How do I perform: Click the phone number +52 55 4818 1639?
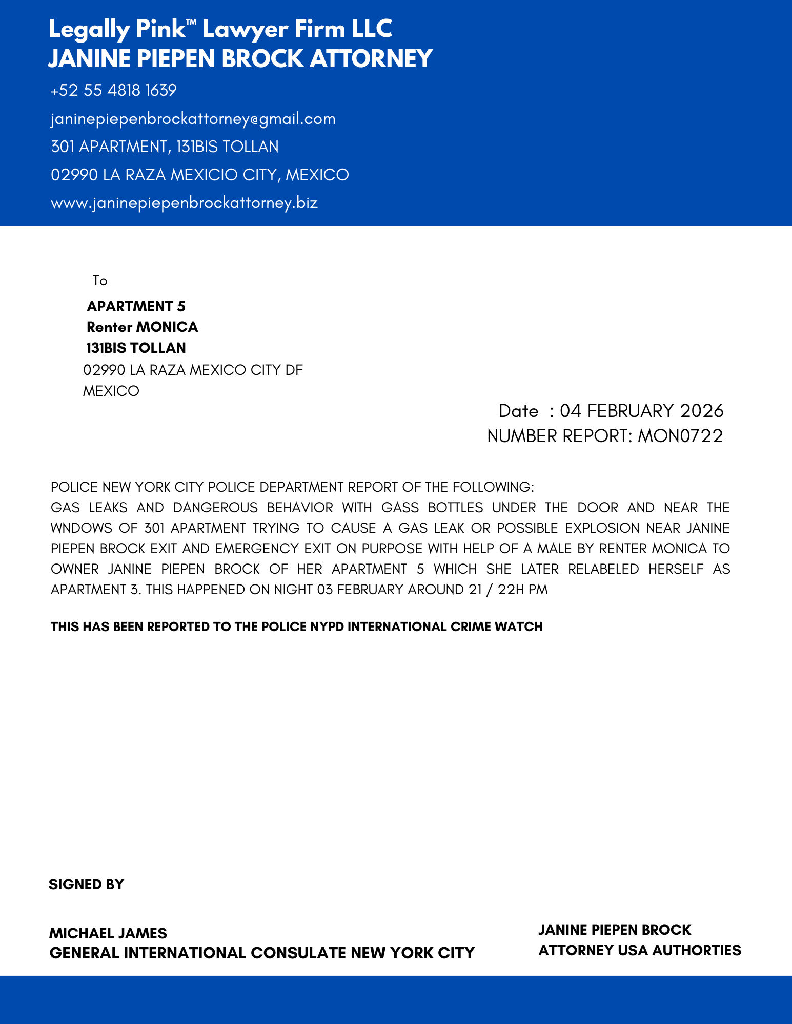(x=114, y=91)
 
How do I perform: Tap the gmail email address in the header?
(x=193, y=119)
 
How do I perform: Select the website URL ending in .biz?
(x=185, y=203)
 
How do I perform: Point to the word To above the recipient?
(x=100, y=281)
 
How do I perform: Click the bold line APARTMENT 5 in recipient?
(x=136, y=306)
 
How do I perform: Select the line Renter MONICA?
(x=142, y=327)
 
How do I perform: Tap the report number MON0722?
(x=680, y=436)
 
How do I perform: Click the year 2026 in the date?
(x=702, y=411)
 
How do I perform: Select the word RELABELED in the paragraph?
(x=603, y=569)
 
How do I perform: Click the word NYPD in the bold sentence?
(x=327, y=627)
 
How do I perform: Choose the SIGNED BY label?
(x=86, y=884)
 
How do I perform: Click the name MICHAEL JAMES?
(x=108, y=933)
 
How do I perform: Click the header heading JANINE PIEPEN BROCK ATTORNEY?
(x=240, y=58)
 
